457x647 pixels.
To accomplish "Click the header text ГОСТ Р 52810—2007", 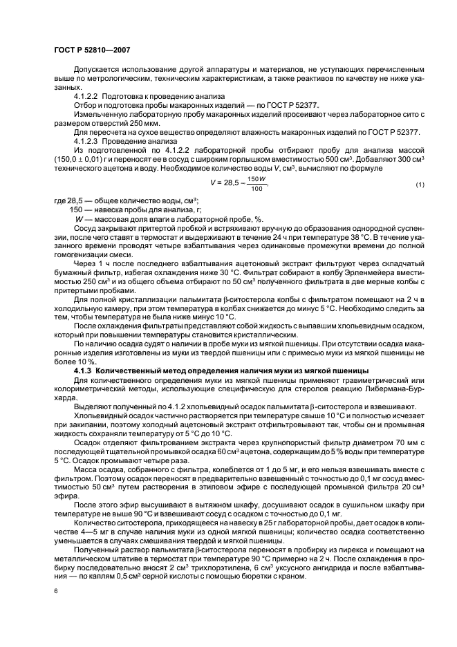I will (x=91, y=50).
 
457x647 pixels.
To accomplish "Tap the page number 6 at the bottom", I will (x=55, y=589).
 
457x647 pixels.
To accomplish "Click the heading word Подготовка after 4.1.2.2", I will (x=124, y=96).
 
